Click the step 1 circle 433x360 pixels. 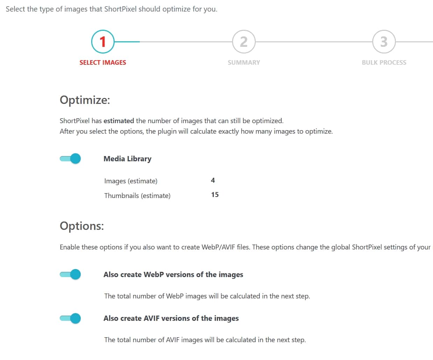103,42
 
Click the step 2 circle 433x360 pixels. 244,42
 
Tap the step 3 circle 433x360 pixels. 384,42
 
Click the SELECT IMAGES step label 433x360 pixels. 103,63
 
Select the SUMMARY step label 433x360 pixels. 244,63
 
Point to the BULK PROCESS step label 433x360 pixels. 384,63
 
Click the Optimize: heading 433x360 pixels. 85,100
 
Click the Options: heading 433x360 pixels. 82,226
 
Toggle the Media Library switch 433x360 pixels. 71,159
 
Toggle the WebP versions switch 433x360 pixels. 71,274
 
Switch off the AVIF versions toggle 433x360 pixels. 71,318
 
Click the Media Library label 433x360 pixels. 127,159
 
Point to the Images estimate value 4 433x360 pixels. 213,181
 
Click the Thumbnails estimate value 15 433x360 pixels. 215,195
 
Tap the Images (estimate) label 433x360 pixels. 131,181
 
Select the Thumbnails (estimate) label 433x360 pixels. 137,196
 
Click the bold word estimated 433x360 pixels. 119,121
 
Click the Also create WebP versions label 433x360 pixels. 173,275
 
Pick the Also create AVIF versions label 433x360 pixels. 171,318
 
